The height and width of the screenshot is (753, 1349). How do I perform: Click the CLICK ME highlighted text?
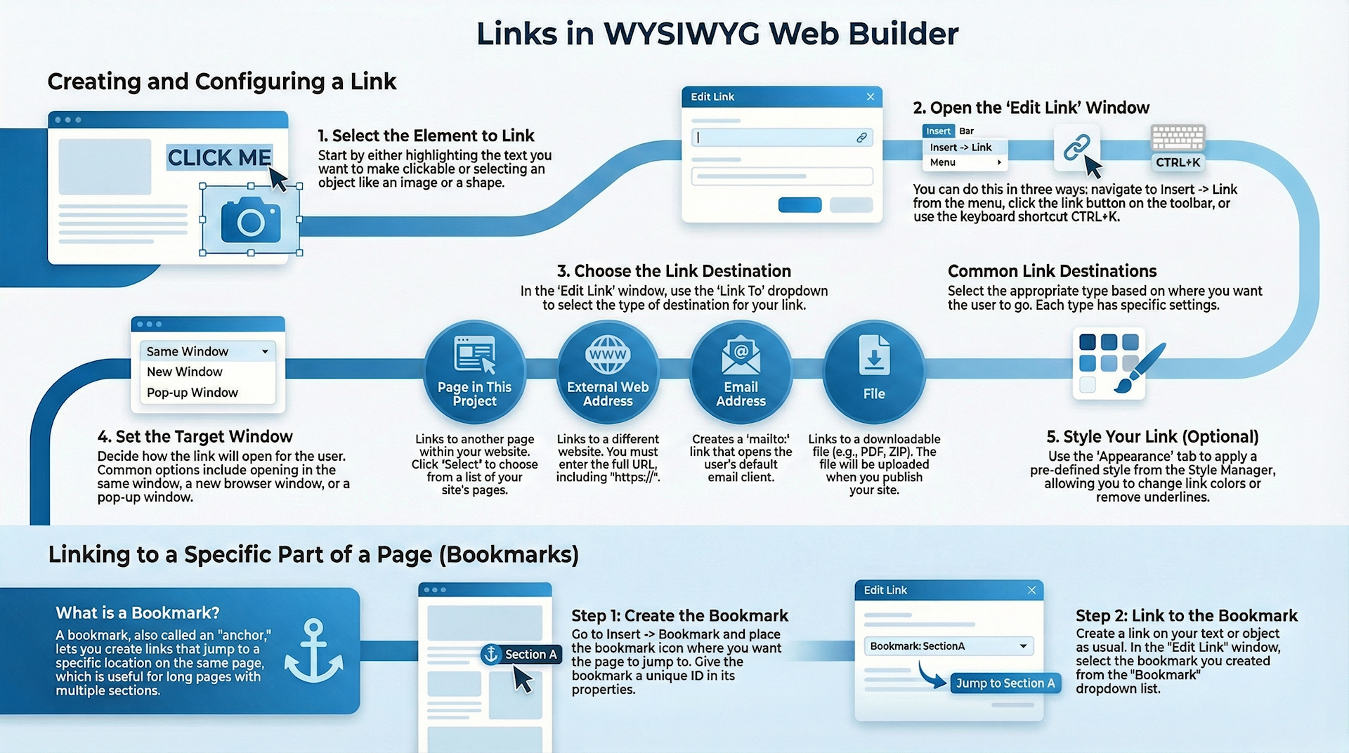coord(219,157)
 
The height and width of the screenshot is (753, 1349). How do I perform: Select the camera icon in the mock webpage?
coord(251,220)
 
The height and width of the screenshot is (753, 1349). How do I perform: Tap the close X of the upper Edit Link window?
coord(871,97)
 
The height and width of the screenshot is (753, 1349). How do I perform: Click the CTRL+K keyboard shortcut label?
coord(1178,162)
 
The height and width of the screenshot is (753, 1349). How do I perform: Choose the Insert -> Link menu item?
coord(960,148)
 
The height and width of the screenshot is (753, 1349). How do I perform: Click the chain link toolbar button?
coord(1076,148)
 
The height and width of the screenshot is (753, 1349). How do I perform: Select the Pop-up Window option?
coord(192,393)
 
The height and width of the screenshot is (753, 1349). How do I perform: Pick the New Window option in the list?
coord(184,372)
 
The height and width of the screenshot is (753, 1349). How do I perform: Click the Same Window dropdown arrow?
coord(265,351)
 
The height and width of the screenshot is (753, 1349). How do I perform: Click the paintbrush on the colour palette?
coord(1140,368)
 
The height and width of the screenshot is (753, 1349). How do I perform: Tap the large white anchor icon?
coord(313,651)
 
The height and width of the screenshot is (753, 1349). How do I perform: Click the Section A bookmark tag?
coord(521,655)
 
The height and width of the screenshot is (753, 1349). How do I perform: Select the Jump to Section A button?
coord(1005,683)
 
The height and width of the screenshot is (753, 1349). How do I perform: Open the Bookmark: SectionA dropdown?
coord(1023,646)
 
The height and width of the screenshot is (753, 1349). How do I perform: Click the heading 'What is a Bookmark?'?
coord(138,613)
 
